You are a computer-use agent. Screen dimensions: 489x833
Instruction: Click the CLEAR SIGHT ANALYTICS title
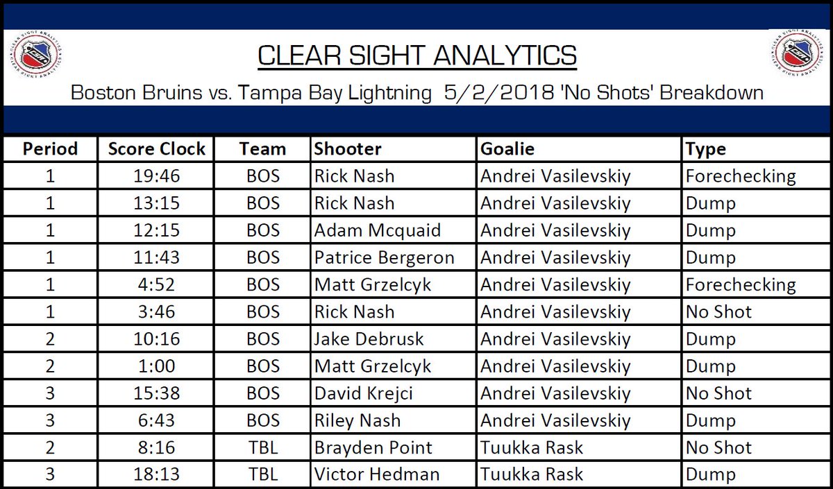[416, 56]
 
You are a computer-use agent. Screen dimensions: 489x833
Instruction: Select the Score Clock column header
[157, 149]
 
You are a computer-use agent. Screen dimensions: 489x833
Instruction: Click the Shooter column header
[348, 149]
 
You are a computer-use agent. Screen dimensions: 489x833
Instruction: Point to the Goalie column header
[507, 149]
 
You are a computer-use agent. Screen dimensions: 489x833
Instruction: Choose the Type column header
[705, 149]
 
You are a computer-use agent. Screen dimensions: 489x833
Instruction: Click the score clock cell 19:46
[157, 176]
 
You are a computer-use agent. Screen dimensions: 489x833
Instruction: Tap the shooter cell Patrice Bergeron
[384, 257]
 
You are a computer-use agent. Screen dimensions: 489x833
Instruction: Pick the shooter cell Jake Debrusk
[369, 339]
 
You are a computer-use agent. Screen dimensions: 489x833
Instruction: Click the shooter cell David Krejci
[363, 393]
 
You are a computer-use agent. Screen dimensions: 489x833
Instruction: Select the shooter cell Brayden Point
[373, 447]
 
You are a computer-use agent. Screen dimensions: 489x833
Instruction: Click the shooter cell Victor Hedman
[376, 474]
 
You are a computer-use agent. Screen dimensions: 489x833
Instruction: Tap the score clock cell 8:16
[157, 447]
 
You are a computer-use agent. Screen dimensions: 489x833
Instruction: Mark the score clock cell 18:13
[157, 474]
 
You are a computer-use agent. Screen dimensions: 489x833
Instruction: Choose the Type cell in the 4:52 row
[740, 285]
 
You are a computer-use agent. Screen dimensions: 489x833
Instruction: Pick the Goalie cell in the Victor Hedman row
[532, 474]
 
